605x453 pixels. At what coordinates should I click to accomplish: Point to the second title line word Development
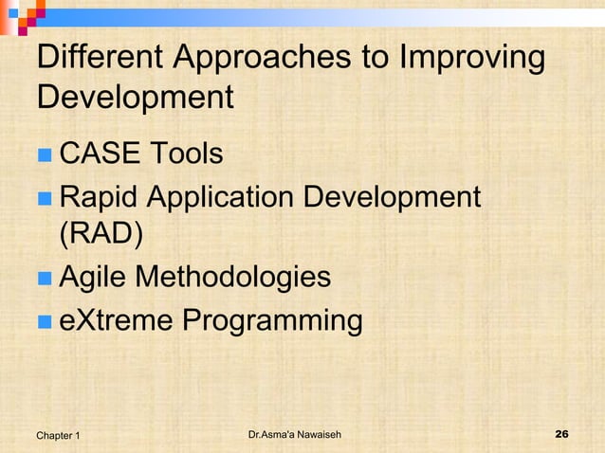click(x=135, y=99)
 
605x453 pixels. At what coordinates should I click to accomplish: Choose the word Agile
click(x=93, y=278)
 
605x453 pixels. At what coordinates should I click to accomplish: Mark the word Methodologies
click(x=233, y=278)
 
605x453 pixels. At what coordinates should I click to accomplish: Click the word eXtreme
click(x=116, y=320)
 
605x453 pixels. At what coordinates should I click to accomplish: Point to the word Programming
click(x=272, y=322)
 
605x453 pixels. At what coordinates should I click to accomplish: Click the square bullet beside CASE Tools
click(x=44, y=153)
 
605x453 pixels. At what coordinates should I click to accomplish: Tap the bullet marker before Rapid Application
click(x=44, y=198)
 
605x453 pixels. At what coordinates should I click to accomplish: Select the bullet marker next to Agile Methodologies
click(x=44, y=279)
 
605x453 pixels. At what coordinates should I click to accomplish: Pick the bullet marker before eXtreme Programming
click(x=44, y=321)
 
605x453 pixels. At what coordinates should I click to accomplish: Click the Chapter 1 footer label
click(x=58, y=435)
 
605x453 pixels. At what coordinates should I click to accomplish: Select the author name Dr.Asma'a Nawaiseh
click(x=294, y=434)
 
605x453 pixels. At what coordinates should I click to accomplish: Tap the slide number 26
click(x=560, y=434)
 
